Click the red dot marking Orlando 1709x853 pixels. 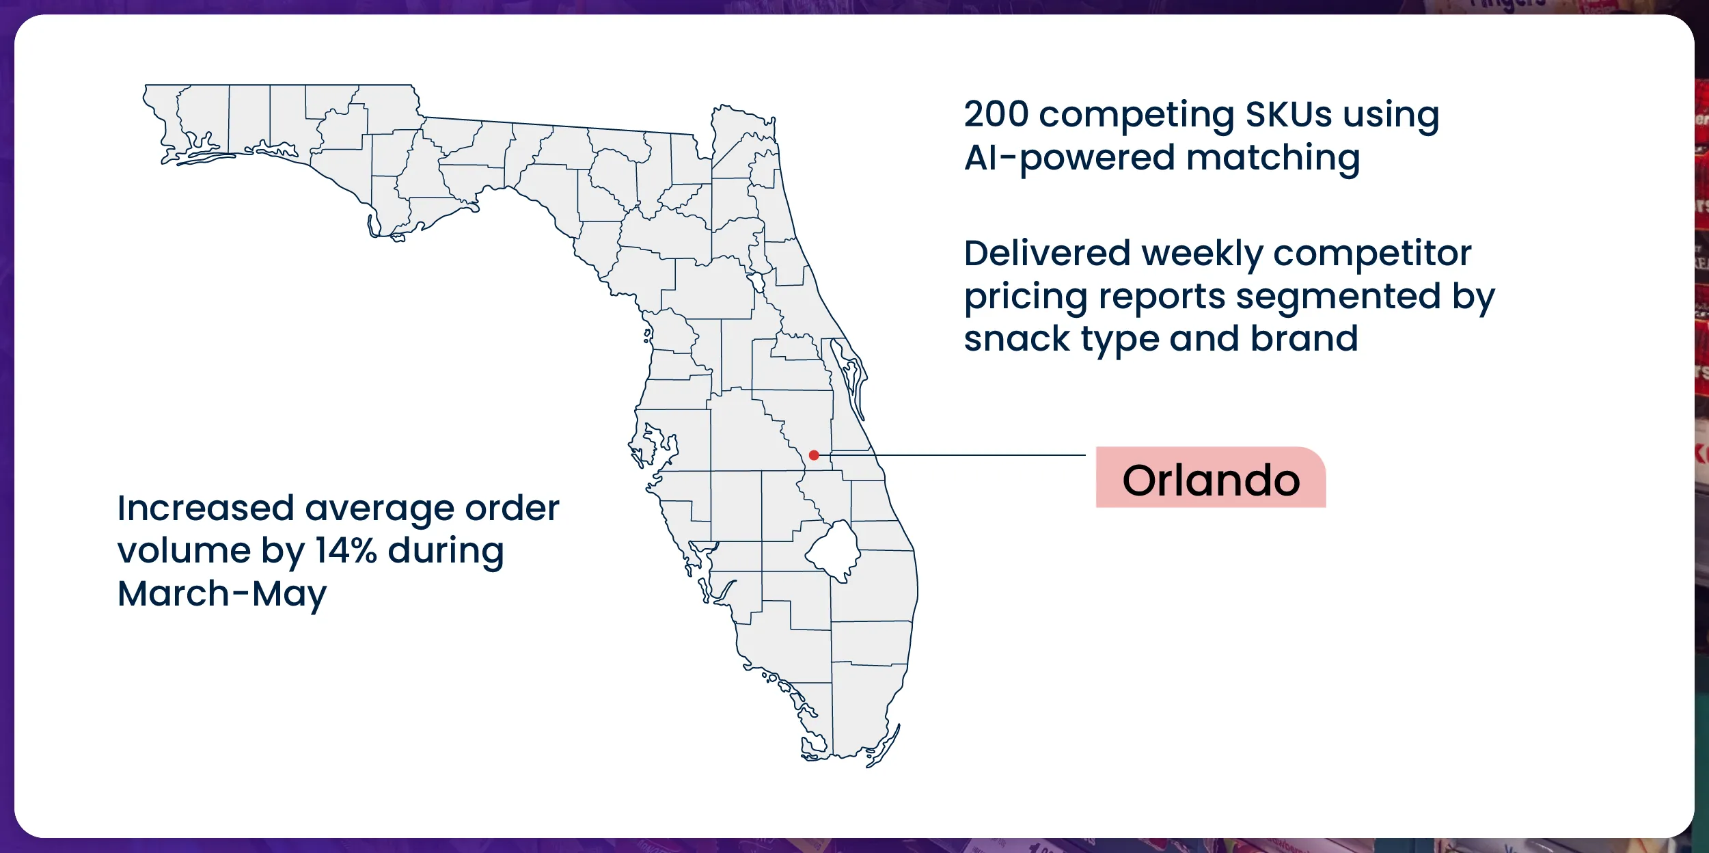[814, 455]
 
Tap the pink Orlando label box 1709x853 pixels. [1211, 477]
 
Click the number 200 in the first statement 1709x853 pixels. [996, 114]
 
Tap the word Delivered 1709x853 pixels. [1048, 254]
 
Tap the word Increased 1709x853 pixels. [206, 509]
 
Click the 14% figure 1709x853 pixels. [346, 550]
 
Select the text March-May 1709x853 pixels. [222, 595]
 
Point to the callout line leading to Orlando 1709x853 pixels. [953, 455]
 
